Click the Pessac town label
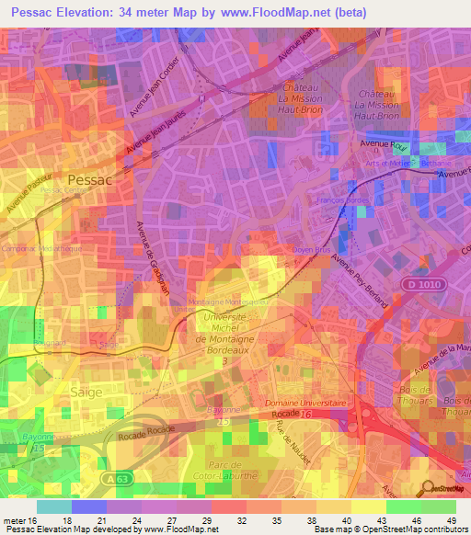[x=89, y=180]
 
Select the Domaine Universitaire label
[x=305, y=403]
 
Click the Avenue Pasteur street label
[x=26, y=196]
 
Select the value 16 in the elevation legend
[x=35, y=519]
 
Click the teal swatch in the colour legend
[x=53, y=506]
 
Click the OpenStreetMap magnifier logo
[x=426, y=489]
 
